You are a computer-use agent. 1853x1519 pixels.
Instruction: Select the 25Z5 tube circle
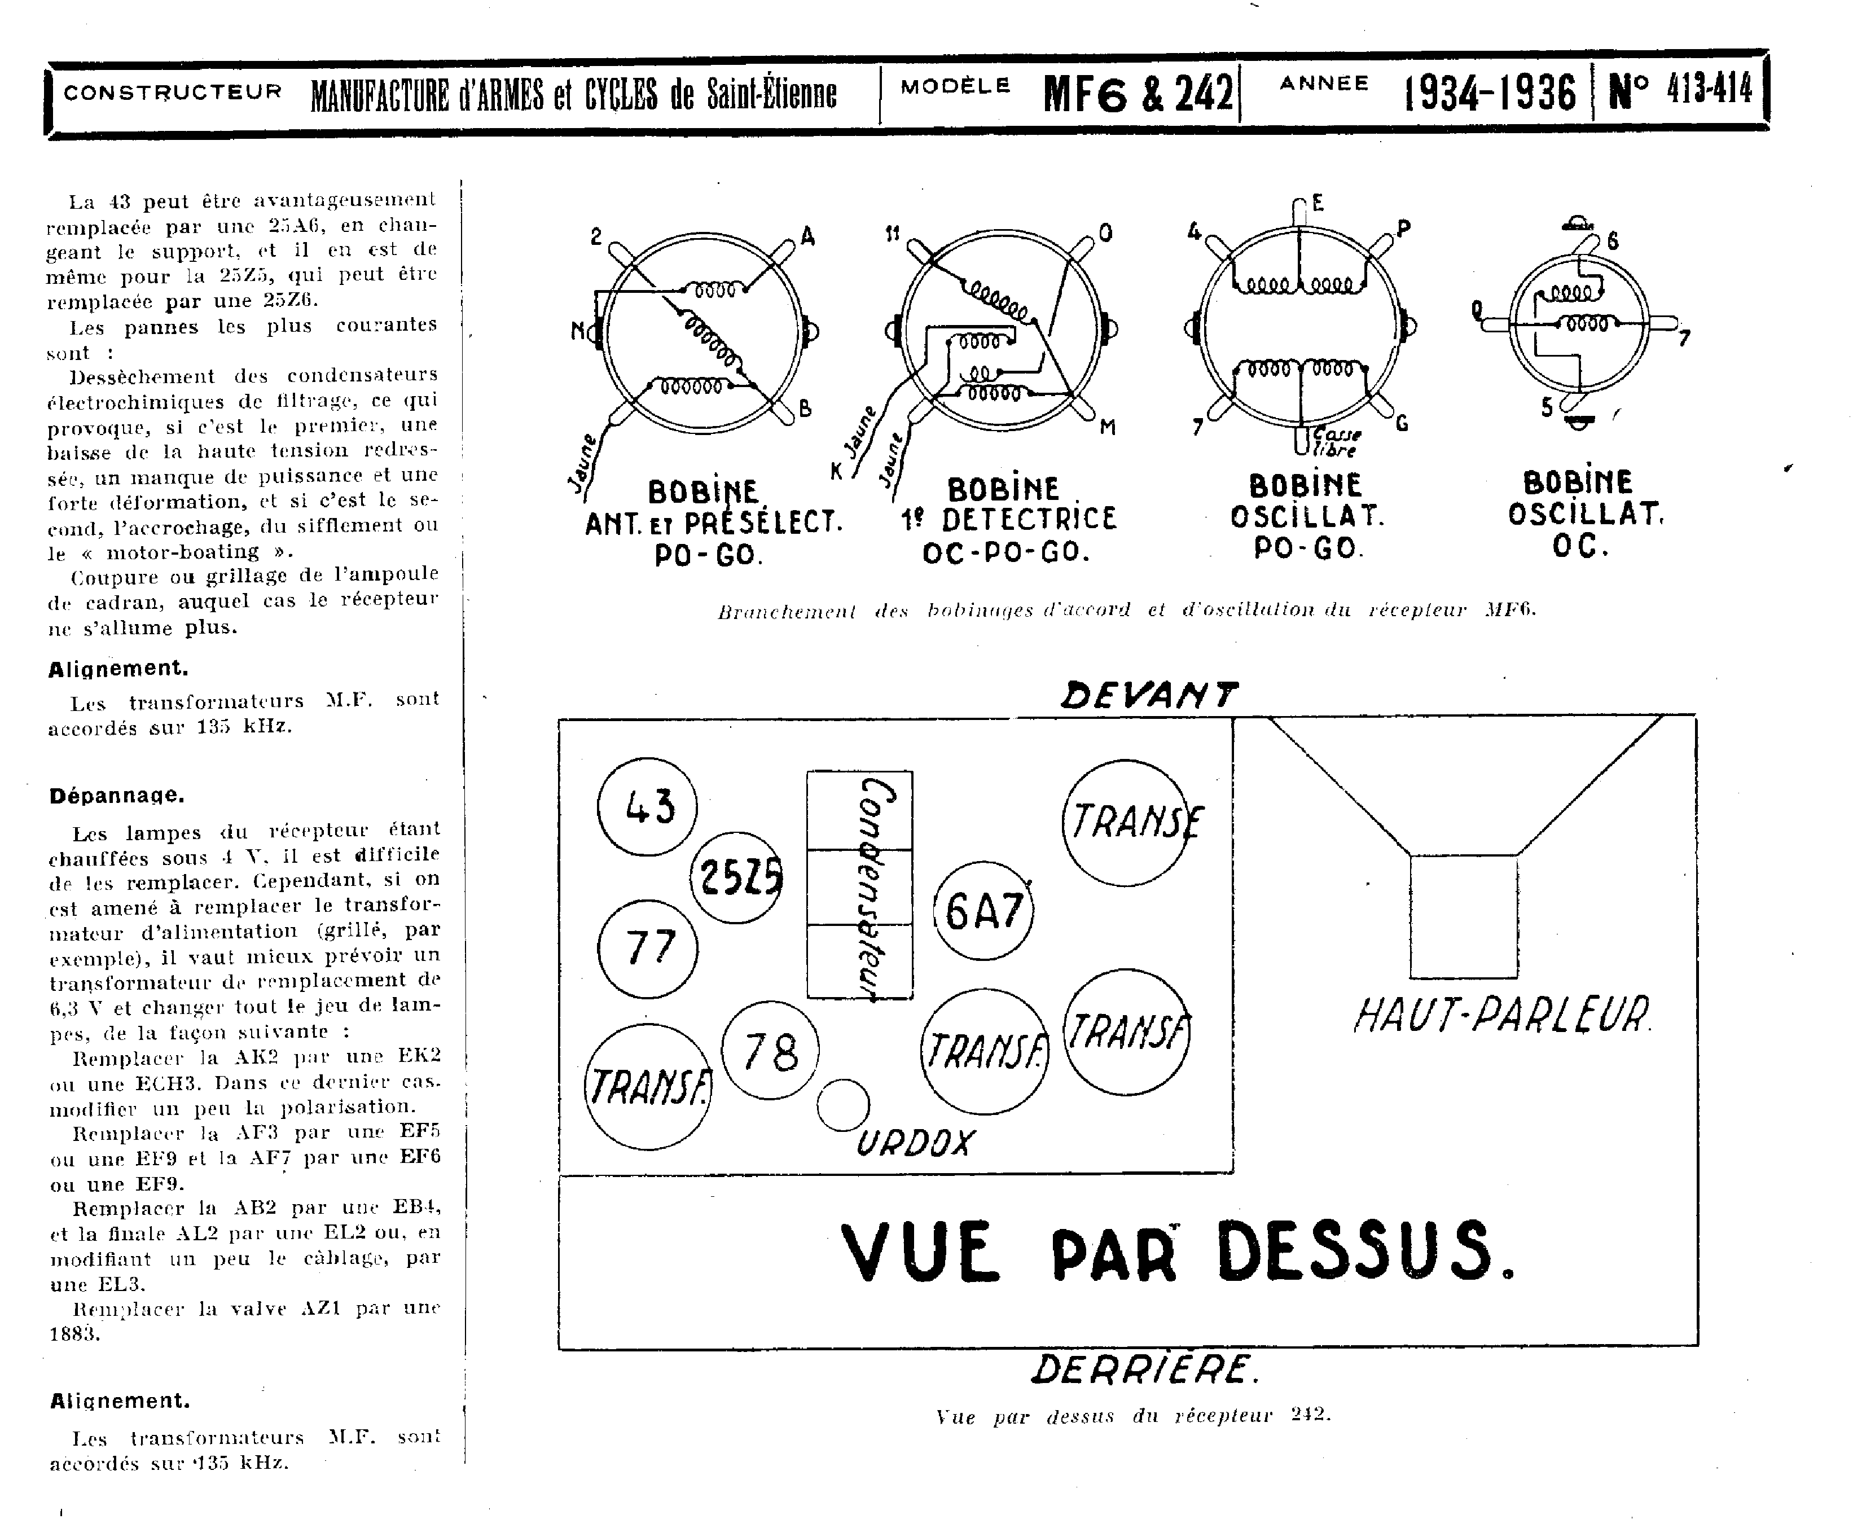point(737,877)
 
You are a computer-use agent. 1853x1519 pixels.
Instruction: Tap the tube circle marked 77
point(647,949)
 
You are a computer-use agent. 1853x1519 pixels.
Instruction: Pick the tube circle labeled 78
point(770,1050)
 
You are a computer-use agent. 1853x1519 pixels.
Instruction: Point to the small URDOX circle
point(842,1105)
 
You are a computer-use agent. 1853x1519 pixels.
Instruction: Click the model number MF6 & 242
point(1138,94)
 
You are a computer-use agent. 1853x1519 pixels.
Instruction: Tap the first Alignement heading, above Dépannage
point(118,669)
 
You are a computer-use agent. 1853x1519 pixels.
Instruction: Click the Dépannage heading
point(116,796)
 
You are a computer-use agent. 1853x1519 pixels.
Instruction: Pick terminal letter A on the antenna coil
point(807,236)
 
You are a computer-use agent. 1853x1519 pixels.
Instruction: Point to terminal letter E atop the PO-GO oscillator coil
point(1318,203)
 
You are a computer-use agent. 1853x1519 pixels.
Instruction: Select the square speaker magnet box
point(1463,916)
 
